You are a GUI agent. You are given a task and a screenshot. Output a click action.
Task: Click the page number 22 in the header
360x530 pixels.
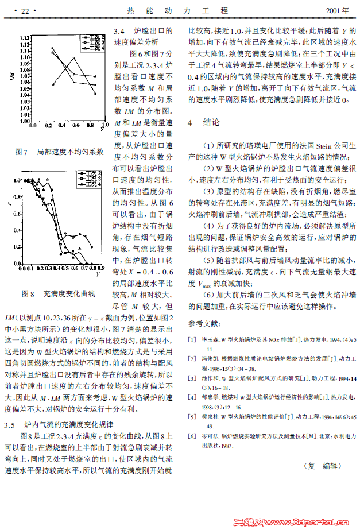point(25,10)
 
